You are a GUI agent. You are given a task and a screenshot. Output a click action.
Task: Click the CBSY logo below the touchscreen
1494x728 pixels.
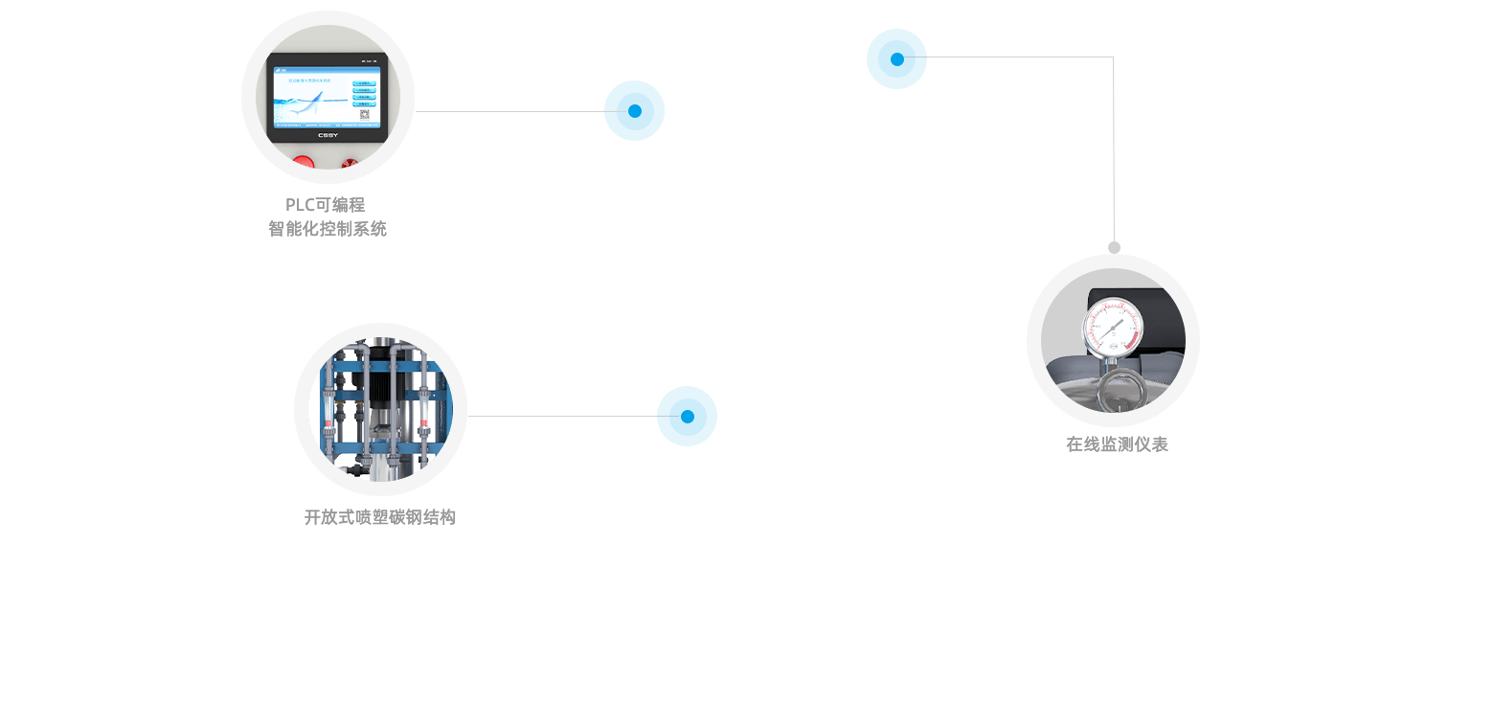[328, 135]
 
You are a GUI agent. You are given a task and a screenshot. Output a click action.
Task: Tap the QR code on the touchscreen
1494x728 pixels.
[364, 116]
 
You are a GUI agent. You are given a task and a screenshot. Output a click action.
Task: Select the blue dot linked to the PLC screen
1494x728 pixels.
[634, 110]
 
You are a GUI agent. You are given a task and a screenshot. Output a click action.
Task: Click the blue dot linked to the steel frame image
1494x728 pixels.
[687, 416]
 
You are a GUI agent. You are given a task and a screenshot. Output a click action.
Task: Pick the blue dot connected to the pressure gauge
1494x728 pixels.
[896, 58]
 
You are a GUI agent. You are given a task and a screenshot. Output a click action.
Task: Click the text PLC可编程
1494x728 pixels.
[326, 205]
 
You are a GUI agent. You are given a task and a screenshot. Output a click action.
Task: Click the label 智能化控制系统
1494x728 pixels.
[328, 230]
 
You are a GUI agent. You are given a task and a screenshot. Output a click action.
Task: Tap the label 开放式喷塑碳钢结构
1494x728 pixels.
[380, 517]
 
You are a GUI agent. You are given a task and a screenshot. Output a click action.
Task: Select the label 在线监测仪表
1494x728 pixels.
[1117, 444]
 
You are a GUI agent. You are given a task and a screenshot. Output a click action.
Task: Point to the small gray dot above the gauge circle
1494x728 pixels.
[1114, 248]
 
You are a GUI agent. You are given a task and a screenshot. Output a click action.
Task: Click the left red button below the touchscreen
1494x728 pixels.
[304, 165]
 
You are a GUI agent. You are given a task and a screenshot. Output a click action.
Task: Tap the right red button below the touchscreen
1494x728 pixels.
[351, 166]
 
